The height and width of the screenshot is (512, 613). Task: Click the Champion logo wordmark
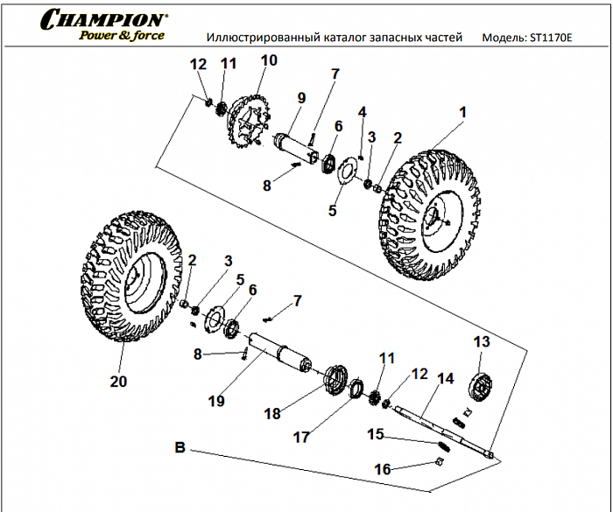[103, 18]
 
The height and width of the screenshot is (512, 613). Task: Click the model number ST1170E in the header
[551, 39]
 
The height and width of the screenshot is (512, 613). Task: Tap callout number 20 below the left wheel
[118, 382]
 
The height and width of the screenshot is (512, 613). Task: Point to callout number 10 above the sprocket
[268, 60]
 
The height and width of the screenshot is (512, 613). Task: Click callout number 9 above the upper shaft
[300, 98]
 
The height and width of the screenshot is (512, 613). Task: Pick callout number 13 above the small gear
[481, 341]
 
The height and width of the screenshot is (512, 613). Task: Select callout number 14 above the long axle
[446, 379]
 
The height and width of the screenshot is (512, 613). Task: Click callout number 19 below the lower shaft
[216, 401]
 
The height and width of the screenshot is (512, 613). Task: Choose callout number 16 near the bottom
[383, 469]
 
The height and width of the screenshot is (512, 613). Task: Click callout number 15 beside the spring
[376, 434]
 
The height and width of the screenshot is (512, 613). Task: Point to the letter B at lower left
[180, 447]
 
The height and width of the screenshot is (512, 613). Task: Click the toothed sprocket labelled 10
[251, 118]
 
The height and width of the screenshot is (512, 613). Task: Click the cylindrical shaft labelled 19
[280, 353]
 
